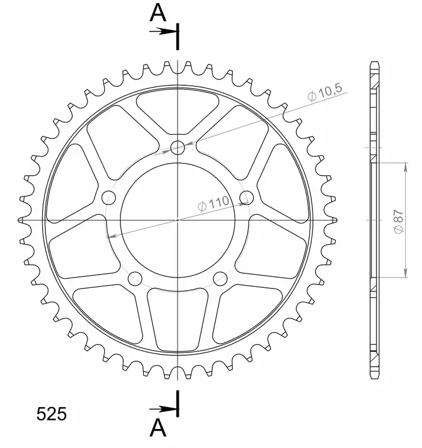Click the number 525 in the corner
click(x=52, y=414)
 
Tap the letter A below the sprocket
click(x=159, y=429)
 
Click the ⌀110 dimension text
click(x=213, y=203)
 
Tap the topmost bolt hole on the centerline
click(x=178, y=148)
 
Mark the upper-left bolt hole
click(x=108, y=198)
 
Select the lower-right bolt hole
click(x=220, y=279)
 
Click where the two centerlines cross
click(x=178, y=220)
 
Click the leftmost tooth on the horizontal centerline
click(x=22, y=220)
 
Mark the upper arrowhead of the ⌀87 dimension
click(x=406, y=167)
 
